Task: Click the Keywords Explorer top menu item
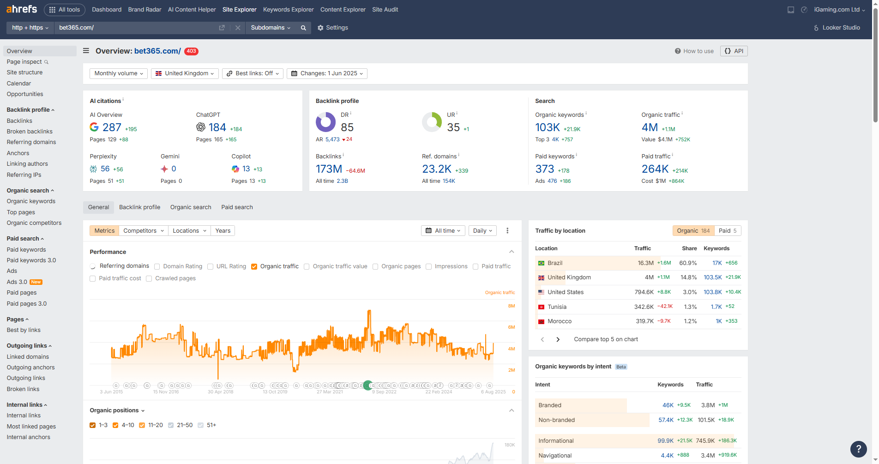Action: tap(288, 9)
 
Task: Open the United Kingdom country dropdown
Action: tap(185, 73)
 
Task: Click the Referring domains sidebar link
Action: tap(31, 142)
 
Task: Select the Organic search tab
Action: tap(191, 207)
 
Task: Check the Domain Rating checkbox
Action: tap(157, 266)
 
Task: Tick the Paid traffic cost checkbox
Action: tap(93, 278)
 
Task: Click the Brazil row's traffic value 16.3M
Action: tap(645, 263)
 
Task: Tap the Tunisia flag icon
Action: tap(541, 307)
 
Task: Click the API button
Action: tap(734, 51)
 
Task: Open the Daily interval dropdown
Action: tap(482, 231)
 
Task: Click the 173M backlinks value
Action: tap(329, 169)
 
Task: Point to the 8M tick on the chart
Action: tap(511, 306)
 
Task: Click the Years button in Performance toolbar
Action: tap(223, 231)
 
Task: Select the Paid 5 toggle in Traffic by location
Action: tap(728, 231)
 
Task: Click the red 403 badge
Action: tap(191, 51)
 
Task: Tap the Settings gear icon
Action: tap(320, 28)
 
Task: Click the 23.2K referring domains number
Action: tap(436, 169)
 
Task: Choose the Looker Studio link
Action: tap(841, 28)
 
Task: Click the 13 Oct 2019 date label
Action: tap(275, 392)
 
